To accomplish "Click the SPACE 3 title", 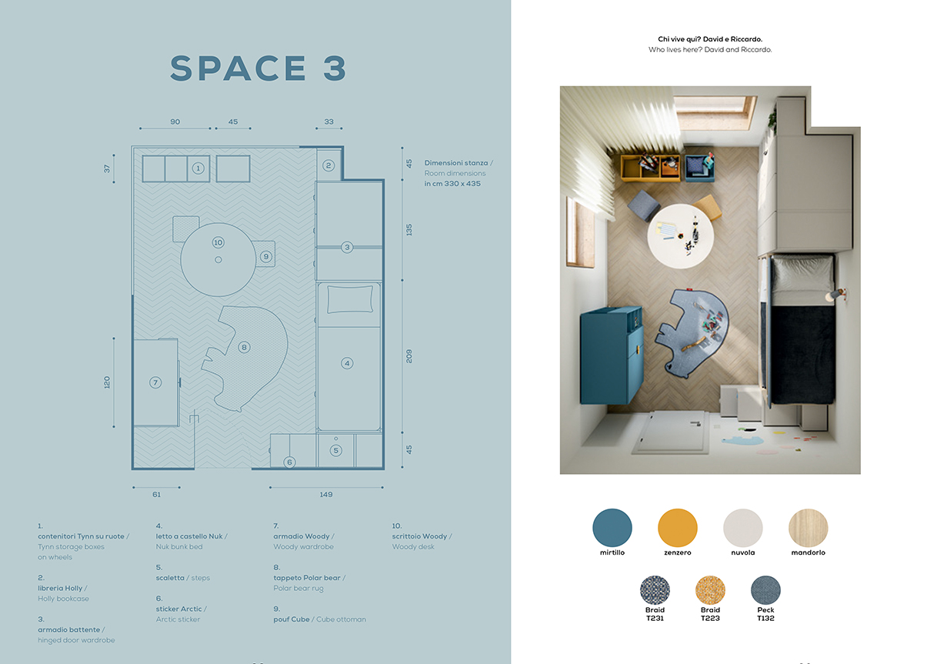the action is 258,68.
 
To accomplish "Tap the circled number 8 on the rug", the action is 244,347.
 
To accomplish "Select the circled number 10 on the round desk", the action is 218,242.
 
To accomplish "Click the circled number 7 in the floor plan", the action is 155,382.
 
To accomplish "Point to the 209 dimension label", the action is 408,356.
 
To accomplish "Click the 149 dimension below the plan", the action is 326,494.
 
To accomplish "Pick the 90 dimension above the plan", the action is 175,122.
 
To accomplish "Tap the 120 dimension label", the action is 107,382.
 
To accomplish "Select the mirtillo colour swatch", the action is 612,528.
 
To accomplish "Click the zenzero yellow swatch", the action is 678,528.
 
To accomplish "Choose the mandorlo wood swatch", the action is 809,528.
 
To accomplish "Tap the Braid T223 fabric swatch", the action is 710,590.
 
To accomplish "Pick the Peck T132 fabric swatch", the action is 765,590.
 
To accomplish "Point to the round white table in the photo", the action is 680,236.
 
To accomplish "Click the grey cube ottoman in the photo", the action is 644,205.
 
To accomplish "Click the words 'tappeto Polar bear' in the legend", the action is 307,578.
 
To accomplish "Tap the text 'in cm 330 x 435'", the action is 452,183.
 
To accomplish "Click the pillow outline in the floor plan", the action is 350,299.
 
